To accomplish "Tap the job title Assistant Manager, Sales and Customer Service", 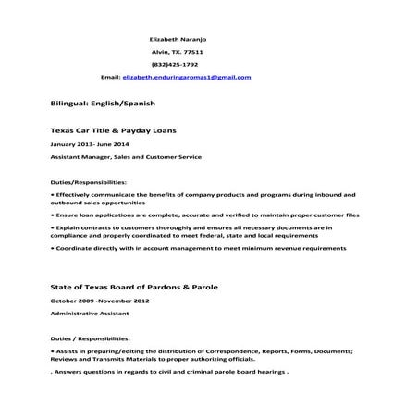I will (125, 156).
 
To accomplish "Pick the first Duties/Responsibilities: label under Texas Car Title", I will (89, 183).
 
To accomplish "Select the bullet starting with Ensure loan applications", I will (194, 215).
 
